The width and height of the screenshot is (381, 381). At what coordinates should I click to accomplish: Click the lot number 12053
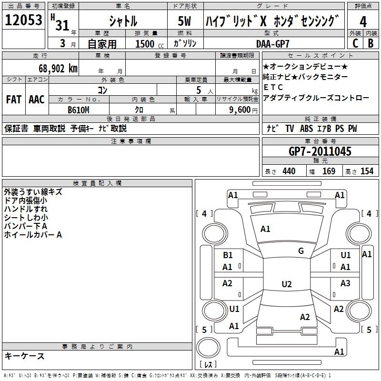coord(23,20)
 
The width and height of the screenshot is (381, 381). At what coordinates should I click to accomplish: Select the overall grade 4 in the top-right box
coord(363,22)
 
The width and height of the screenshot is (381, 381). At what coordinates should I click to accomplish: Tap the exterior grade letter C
coord(355,43)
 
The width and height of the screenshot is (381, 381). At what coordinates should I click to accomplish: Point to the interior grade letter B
coord(371,43)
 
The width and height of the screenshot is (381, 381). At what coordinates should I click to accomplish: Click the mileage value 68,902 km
coord(58,69)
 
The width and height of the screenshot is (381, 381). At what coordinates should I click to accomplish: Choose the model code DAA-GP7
coord(272,44)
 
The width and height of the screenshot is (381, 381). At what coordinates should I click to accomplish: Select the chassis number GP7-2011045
coord(320,151)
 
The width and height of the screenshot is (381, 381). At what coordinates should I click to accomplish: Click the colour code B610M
coord(79,110)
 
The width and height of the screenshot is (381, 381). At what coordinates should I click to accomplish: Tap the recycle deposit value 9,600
coord(240,110)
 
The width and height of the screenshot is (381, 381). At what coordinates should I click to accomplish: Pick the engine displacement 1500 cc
coord(150,44)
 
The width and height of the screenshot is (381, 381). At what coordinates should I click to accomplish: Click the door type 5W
coord(184,21)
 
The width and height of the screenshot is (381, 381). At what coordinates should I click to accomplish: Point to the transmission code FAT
coord(14,100)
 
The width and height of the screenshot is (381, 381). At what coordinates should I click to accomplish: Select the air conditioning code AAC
coord(37,100)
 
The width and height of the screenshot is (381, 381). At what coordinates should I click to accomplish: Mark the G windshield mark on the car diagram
coord(301,251)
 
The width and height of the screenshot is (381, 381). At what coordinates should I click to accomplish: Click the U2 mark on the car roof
coord(287,284)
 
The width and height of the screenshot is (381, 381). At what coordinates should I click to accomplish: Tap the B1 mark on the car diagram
coord(228,255)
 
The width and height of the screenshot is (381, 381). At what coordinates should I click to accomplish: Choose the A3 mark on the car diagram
coord(345,283)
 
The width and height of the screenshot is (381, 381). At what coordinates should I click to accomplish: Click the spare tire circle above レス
coord(208,347)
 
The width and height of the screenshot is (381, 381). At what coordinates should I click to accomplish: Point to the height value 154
coord(367,171)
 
